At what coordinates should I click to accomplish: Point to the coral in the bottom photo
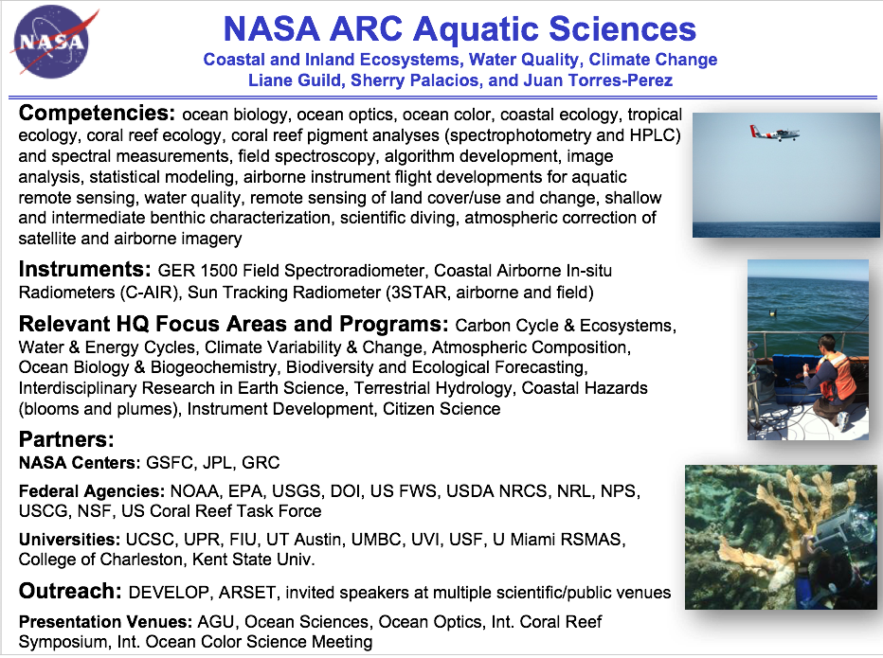(758, 530)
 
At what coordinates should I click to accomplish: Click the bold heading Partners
(66, 439)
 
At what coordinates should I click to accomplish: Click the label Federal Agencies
(92, 492)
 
